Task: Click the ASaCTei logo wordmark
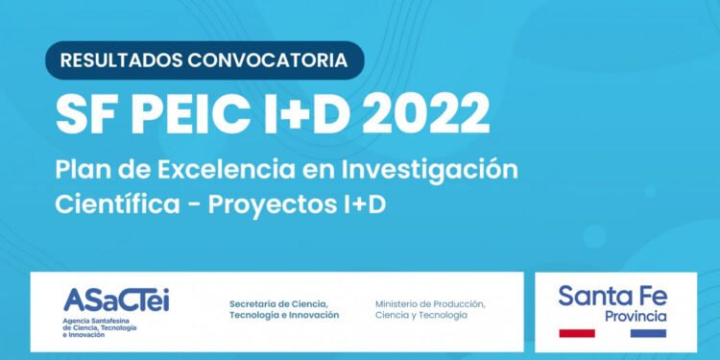(x=115, y=299)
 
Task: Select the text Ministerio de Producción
(x=430, y=304)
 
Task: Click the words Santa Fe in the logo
(x=612, y=297)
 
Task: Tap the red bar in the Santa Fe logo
(x=577, y=333)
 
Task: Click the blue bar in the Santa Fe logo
(x=648, y=333)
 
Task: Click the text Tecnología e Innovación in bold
(x=284, y=316)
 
